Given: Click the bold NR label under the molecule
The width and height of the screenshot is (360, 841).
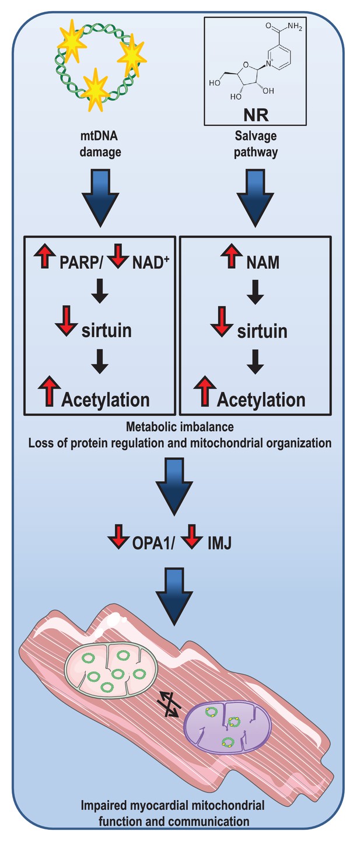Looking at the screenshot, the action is tap(256, 115).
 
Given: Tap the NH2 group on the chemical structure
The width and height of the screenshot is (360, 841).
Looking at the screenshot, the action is tap(295, 26).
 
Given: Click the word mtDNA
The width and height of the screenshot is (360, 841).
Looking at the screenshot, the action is tap(99, 135).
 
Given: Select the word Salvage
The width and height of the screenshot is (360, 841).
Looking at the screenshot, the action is tap(256, 136).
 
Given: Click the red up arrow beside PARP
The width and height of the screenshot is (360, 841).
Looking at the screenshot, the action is tap(45, 255).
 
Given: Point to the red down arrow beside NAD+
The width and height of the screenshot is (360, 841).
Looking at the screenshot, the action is tap(118, 255).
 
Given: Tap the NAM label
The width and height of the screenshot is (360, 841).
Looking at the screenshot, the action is tap(263, 262).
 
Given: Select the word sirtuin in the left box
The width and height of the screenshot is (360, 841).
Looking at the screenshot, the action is tap(107, 331).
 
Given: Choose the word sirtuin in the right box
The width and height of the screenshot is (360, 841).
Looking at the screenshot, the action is tap(262, 331).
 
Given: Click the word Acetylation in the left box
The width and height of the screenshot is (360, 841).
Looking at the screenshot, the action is tap(106, 400).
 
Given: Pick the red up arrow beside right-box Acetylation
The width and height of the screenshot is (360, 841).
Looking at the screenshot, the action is tap(205, 391).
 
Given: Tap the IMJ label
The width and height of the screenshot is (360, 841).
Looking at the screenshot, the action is tap(219, 544).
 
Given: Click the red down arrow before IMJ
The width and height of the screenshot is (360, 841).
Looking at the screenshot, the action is tap(192, 537).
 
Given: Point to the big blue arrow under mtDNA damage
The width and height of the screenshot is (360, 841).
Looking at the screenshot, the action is tap(100, 198).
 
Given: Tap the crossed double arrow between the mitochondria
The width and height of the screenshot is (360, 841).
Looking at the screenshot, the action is tap(169, 703).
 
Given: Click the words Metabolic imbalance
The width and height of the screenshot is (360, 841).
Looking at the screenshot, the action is tap(180, 427).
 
